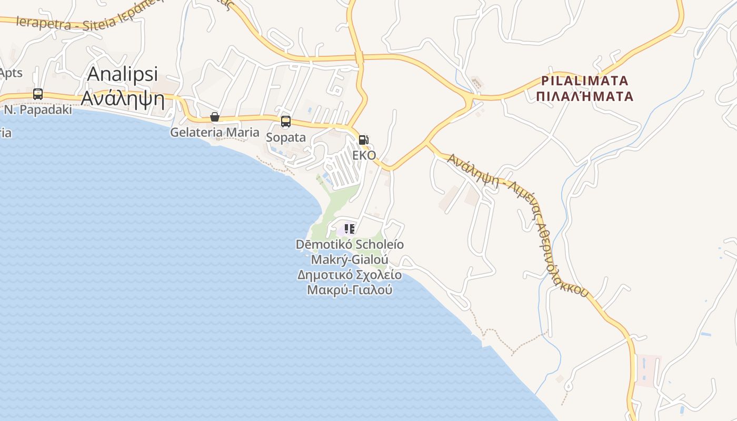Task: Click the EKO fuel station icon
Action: click(x=363, y=140)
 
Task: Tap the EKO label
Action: click(x=364, y=155)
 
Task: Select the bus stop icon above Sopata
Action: click(x=285, y=122)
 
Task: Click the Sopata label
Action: click(x=286, y=137)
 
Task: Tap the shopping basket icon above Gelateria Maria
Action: click(x=215, y=117)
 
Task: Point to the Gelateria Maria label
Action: click(x=215, y=132)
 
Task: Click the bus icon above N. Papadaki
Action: click(x=38, y=94)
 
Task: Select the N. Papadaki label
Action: click(x=37, y=110)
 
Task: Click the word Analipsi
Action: click(x=123, y=74)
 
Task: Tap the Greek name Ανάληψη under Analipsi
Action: click(x=123, y=99)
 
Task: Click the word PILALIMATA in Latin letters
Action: click(x=585, y=81)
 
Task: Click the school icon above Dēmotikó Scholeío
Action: click(x=349, y=229)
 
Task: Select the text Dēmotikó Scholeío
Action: click(x=350, y=244)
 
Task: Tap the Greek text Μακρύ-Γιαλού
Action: click(x=350, y=289)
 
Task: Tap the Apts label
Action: click(x=11, y=73)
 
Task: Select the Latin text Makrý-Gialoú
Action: click(x=350, y=259)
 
